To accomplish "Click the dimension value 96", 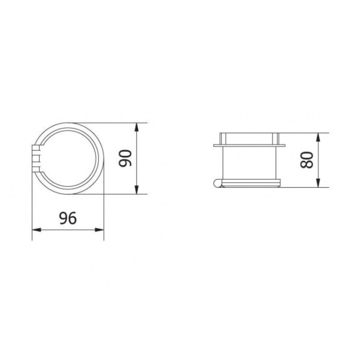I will click(x=68, y=218).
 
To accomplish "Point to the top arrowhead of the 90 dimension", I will click(x=136, y=126).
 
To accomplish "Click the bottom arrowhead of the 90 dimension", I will click(x=136, y=190).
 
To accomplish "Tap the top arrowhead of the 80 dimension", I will click(x=318, y=136).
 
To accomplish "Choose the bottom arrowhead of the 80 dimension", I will click(x=318, y=184).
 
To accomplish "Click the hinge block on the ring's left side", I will click(x=35, y=158).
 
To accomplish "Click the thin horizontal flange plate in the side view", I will click(x=248, y=145).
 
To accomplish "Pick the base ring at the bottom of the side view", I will click(x=248, y=180).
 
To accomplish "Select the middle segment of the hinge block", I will click(x=35, y=158).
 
